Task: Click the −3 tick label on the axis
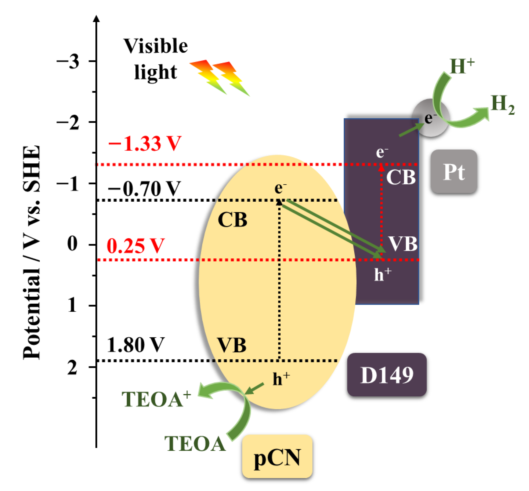coord(68,62)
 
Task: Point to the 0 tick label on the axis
coord(72,244)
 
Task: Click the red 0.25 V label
coord(136,246)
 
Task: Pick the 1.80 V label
coord(136,345)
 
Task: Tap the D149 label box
coord(387,375)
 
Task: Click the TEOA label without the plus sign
coord(195,444)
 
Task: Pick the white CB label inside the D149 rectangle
coord(401,177)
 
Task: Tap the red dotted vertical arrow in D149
coord(381,210)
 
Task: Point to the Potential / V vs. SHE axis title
coord(32,252)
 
